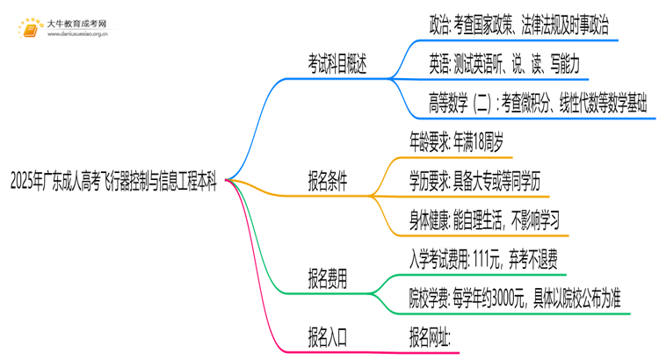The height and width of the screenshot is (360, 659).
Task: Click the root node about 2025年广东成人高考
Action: [114, 182]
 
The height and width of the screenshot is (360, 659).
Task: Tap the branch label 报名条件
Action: [327, 182]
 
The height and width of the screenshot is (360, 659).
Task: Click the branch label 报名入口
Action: [327, 337]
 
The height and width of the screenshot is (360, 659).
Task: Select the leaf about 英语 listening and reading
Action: [503, 66]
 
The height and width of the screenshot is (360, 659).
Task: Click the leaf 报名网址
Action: [431, 337]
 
